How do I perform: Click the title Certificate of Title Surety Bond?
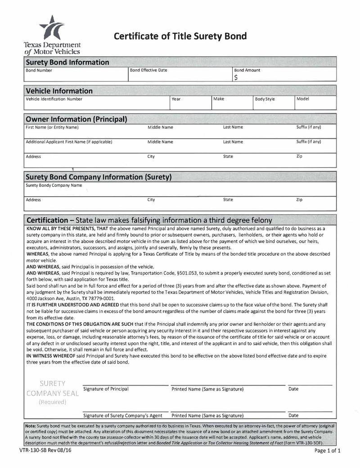click(x=180, y=36)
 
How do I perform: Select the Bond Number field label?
click(x=39, y=71)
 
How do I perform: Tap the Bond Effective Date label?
click(x=148, y=70)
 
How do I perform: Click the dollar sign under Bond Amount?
click(x=236, y=77)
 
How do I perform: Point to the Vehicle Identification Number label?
click(x=54, y=99)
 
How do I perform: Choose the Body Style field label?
click(x=265, y=99)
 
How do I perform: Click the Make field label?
click(x=219, y=99)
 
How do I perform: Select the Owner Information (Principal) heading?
click(x=76, y=119)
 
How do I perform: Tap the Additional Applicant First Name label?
click(x=69, y=142)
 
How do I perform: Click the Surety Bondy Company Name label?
click(x=54, y=185)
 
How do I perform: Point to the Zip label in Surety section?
click(x=299, y=199)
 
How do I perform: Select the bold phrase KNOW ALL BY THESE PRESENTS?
click(x=66, y=229)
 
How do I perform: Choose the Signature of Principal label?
click(x=106, y=389)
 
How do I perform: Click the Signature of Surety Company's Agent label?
click(x=123, y=415)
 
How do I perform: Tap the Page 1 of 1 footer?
click(x=327, y=450)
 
